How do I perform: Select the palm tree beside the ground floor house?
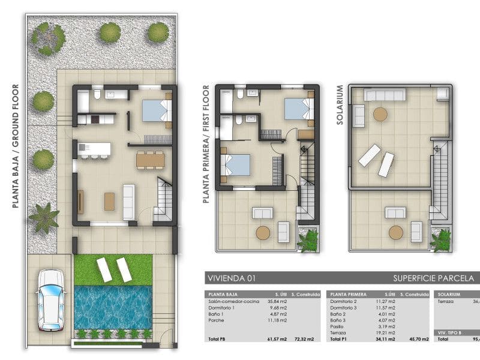coord(43,217)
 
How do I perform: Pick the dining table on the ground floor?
coord(150,160)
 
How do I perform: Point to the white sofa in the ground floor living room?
coord(128,202)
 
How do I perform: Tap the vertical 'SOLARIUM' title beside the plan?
coord(340,104)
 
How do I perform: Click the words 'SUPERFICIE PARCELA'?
coord(433,278)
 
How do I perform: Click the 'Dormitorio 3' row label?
coord(344,307)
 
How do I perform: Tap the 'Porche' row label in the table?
coord(215,319)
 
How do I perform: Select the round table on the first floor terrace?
coord(263,233)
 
